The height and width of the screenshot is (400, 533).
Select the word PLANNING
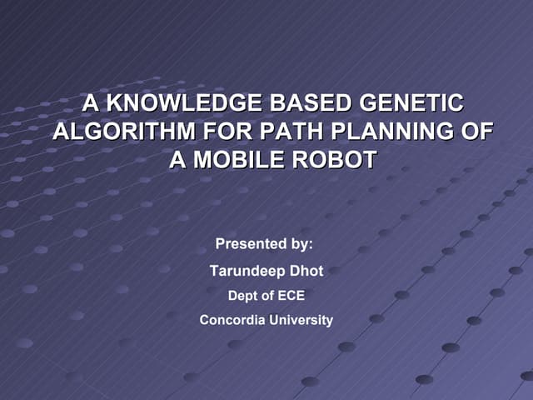tap(381, 132)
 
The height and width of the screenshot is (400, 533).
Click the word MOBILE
tap(237, 160)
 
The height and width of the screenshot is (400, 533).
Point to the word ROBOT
tap(331, 160)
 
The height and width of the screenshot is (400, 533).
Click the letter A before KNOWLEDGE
tap(92, 104)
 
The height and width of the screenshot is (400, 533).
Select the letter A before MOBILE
tap(177, 160)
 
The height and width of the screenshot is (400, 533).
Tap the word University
tap(301, 320)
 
